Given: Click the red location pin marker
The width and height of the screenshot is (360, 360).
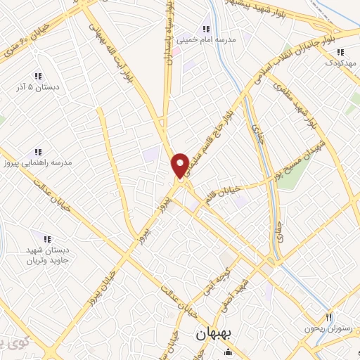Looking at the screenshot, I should point(180,165).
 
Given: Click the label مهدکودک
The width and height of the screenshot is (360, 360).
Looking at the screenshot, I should point(340,63).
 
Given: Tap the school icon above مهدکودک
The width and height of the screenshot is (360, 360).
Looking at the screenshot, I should point(340,52).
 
